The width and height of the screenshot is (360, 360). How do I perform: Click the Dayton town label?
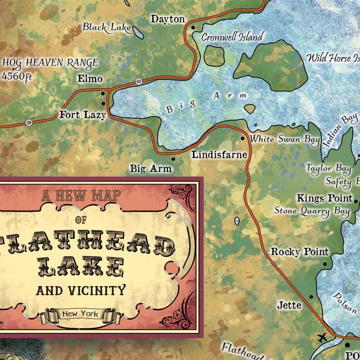168,19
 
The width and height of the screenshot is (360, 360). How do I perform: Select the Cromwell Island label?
231,37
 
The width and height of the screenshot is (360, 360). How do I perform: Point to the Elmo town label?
90,78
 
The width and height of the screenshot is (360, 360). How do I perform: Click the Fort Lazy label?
83,115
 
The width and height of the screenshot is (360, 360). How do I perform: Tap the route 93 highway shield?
138,82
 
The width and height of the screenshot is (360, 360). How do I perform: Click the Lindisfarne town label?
219,155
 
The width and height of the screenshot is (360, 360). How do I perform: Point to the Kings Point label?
325,198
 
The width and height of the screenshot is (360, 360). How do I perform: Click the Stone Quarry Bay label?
312,211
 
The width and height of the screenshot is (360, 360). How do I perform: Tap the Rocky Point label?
300,251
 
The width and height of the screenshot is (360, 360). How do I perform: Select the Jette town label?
289,305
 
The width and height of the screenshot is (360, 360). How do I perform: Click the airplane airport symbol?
322,338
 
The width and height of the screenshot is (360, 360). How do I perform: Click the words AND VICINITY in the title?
80,290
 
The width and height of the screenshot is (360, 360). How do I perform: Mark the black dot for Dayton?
193,27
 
